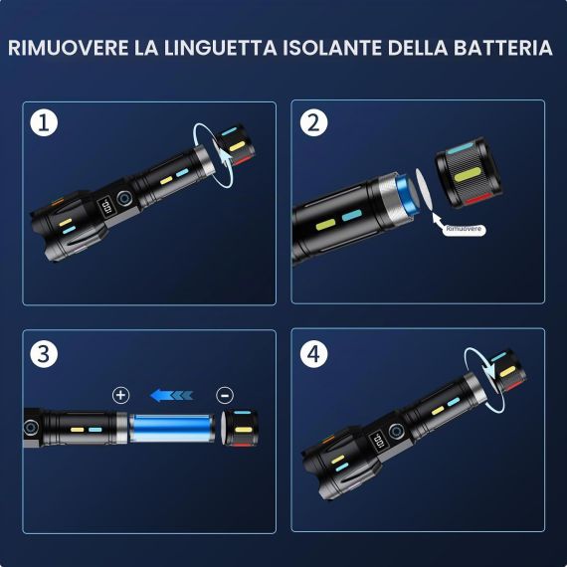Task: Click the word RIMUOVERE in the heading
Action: (68, 48)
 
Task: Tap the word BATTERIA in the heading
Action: (503, 48)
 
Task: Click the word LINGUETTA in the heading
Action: (221, 48)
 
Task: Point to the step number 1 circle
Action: (44, 122)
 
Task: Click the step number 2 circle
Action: (314, 122)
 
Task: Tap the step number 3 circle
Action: (44, 354)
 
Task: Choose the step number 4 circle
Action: (314, 354)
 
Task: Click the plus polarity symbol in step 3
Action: (120, 395)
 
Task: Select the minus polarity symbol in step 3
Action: (225, 395)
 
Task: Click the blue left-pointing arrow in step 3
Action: (172, 395)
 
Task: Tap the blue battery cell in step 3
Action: (172, 429)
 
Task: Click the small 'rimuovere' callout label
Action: (464, 229)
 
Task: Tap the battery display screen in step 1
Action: (104, 207)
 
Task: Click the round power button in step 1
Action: (124, 199)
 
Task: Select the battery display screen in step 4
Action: (376, 441)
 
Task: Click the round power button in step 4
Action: (396, 432)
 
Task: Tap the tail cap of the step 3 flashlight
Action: (240, 429)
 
